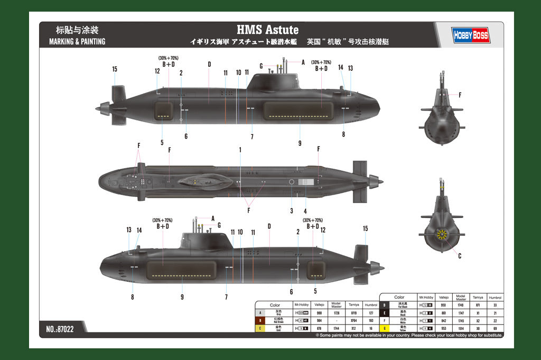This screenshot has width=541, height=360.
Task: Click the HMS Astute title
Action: coord(267,30)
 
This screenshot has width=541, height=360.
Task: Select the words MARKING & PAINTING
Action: coord(77,41)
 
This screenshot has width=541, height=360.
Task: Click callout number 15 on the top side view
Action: coord(115,69)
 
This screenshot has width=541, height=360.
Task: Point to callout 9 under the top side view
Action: coord(300,143)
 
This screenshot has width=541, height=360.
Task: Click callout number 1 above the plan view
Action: coord(240,150)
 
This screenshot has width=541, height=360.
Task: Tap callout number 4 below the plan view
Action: coord(305,211)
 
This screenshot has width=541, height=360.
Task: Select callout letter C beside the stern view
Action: coord(459,256)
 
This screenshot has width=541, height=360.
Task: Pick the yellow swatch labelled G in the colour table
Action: coord(385,328)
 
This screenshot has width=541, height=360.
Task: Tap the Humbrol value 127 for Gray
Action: coord(371,313)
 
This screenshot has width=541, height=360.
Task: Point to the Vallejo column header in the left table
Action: coord(319,304)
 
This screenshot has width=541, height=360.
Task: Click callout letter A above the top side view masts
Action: coord(303,62)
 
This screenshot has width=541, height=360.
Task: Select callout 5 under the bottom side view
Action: coord(315,291)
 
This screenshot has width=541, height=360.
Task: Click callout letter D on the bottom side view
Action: coord(269,226)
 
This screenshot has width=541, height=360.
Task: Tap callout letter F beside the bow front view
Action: coord(460,95)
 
